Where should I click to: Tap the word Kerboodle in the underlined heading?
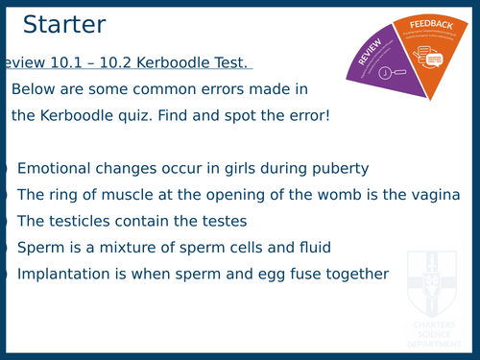165,62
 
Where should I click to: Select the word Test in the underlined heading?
227,62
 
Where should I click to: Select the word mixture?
121,248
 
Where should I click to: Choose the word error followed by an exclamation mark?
304,115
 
